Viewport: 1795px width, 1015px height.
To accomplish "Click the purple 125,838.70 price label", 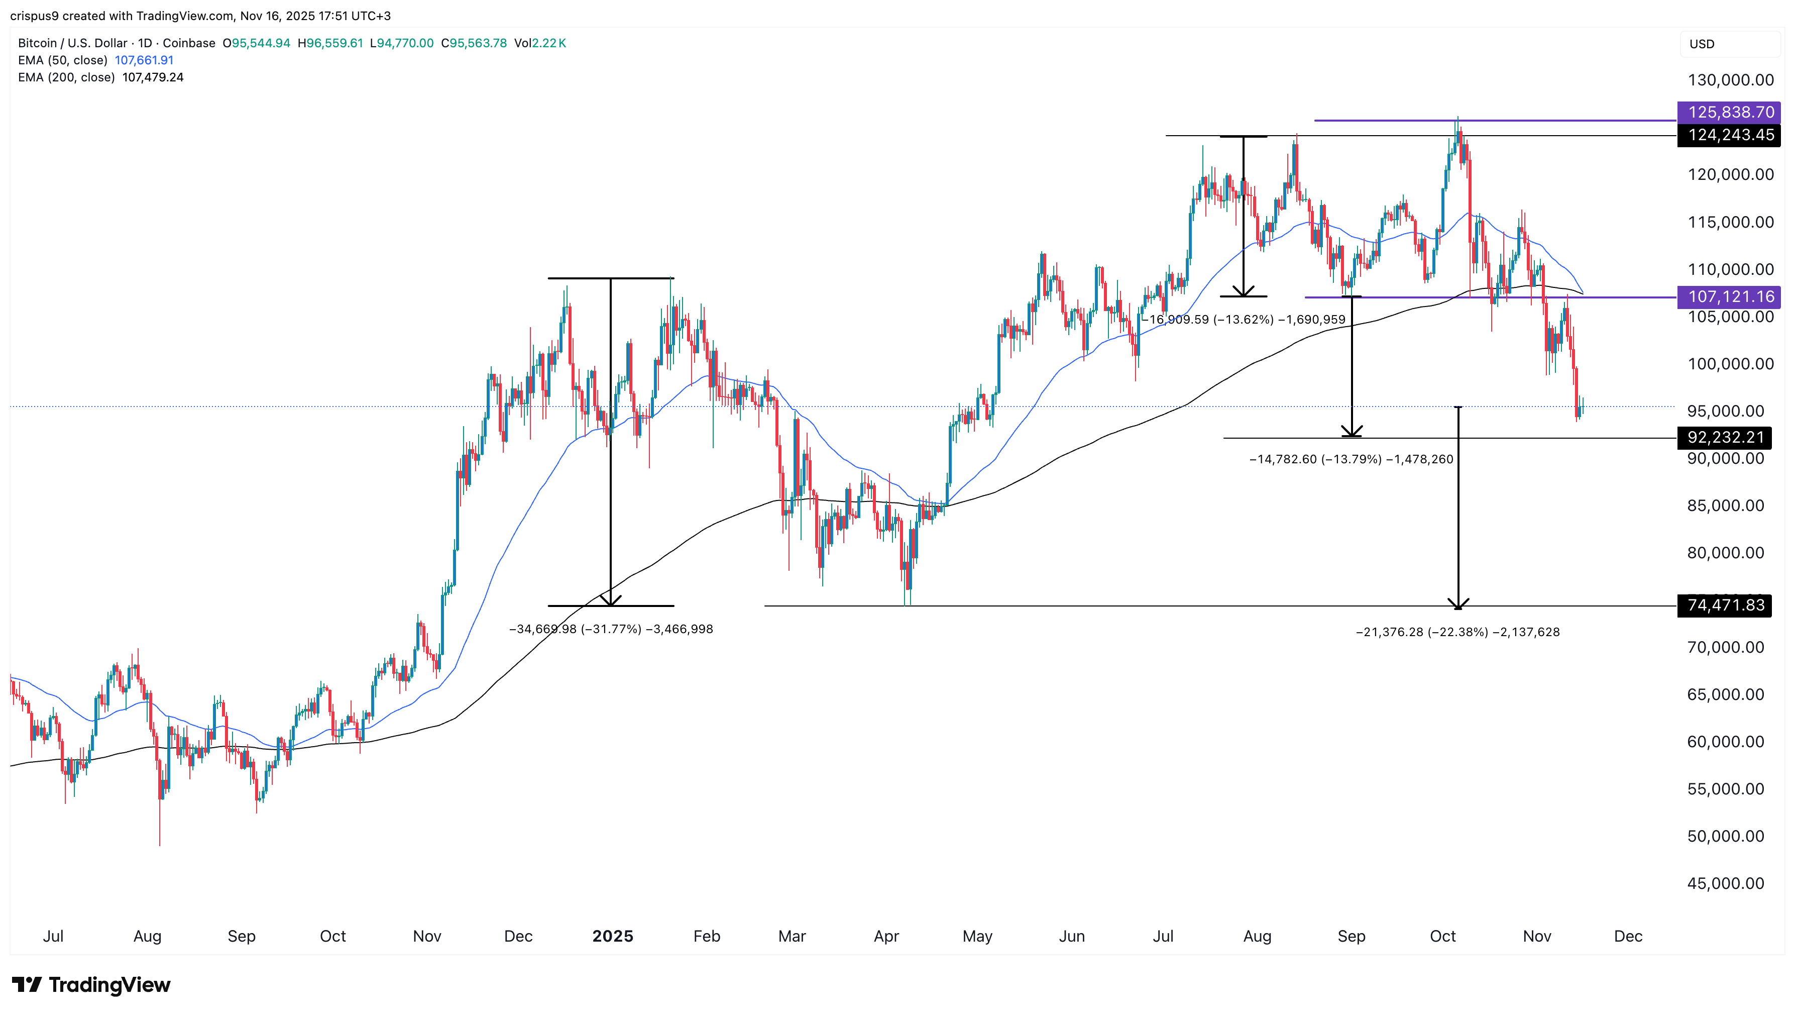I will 1730,112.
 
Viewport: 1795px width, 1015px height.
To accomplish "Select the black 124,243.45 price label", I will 1730,135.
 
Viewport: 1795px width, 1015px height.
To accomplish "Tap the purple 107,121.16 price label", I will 1730,297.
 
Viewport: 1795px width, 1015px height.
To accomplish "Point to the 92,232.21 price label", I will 1725,438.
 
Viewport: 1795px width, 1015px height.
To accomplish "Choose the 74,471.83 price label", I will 1725,605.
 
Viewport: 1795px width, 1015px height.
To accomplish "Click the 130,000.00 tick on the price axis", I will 1730,80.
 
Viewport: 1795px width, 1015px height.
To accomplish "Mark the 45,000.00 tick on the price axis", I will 1725,883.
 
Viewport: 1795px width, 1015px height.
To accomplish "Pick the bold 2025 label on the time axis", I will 613,936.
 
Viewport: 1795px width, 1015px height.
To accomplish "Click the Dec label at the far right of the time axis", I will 1628,936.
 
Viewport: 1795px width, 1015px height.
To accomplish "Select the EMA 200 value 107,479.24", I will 153,77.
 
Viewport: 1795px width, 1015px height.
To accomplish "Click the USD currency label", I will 1702,44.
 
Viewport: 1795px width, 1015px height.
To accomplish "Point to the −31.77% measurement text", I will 611,630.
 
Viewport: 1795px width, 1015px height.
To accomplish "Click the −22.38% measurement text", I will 1457,632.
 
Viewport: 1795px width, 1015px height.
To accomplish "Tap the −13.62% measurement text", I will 1244,320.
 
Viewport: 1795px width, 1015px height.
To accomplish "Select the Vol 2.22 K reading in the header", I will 540,43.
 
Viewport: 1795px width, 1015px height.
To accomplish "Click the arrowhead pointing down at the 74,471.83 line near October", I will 1457,603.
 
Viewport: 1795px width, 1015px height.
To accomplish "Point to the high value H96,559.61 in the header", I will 330,43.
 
